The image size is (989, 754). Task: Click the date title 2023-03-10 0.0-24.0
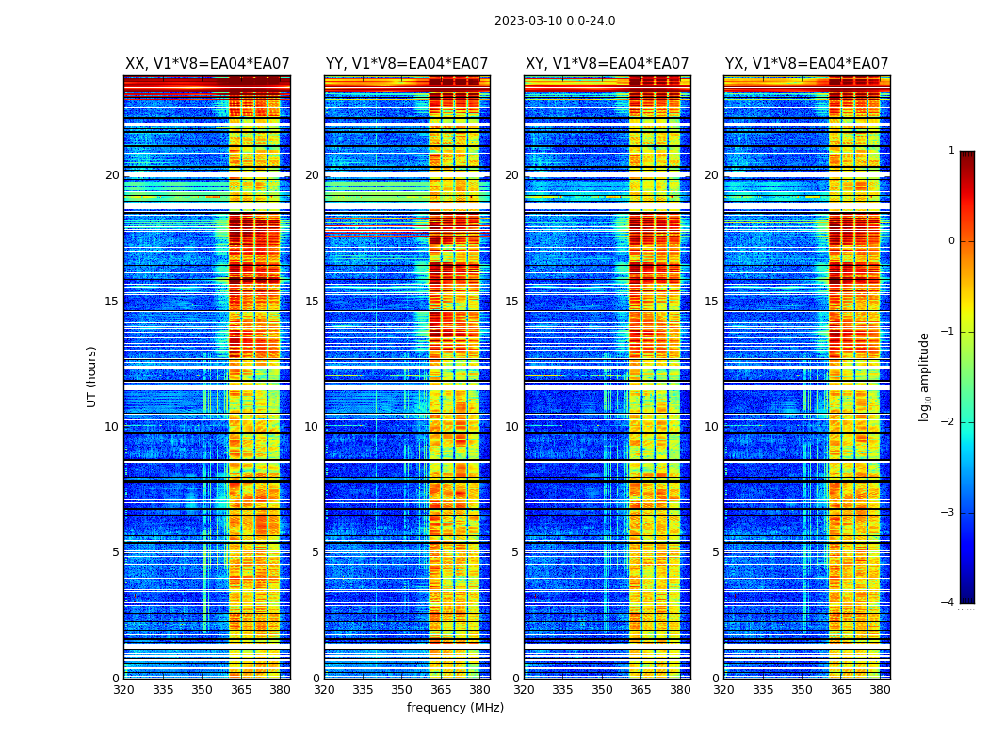(x=555, y=21)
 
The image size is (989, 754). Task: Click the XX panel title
(x=207, y=64)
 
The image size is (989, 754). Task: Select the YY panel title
(x=407, y=64)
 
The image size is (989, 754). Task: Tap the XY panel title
(x=607, y=64)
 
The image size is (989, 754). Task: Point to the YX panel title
(x=806, y=64)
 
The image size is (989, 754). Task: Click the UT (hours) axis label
(x=92, y=376)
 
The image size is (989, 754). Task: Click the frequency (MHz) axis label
(x=455, y=708)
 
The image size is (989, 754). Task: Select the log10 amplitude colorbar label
(x=925, y=376)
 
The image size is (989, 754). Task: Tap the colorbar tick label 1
(x=950, y=151)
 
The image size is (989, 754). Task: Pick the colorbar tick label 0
(x=950, y=241)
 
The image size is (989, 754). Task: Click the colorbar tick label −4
(x=948, y=603)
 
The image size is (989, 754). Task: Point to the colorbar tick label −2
(x=948, y=422)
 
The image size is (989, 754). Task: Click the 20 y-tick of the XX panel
(x=112, y=175)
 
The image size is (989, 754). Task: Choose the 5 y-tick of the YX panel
(x=715, y=552)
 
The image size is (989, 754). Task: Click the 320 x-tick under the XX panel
(x=123, y=690)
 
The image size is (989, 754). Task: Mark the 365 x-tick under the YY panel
(x=441, y=690)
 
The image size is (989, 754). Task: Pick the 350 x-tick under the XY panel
(x=602, y=690)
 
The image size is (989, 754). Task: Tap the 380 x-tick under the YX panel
(x=880, y=690)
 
